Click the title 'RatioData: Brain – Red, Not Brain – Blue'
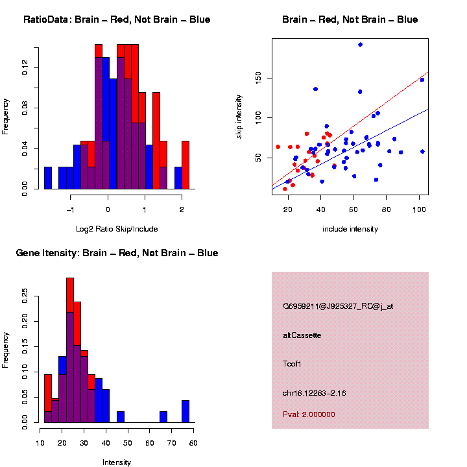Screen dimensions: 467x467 117,19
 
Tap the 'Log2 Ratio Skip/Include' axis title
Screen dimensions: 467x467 117,228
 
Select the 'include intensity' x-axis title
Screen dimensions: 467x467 350,228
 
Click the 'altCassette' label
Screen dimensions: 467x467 302,335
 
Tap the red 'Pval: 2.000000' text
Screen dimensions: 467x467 309,414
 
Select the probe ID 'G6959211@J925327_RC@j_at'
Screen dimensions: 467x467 338,306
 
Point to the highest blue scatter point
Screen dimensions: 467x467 360,44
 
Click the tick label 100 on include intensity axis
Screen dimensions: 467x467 419,210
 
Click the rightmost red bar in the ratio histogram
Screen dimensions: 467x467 186,165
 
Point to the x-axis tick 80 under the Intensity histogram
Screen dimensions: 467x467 193,443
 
